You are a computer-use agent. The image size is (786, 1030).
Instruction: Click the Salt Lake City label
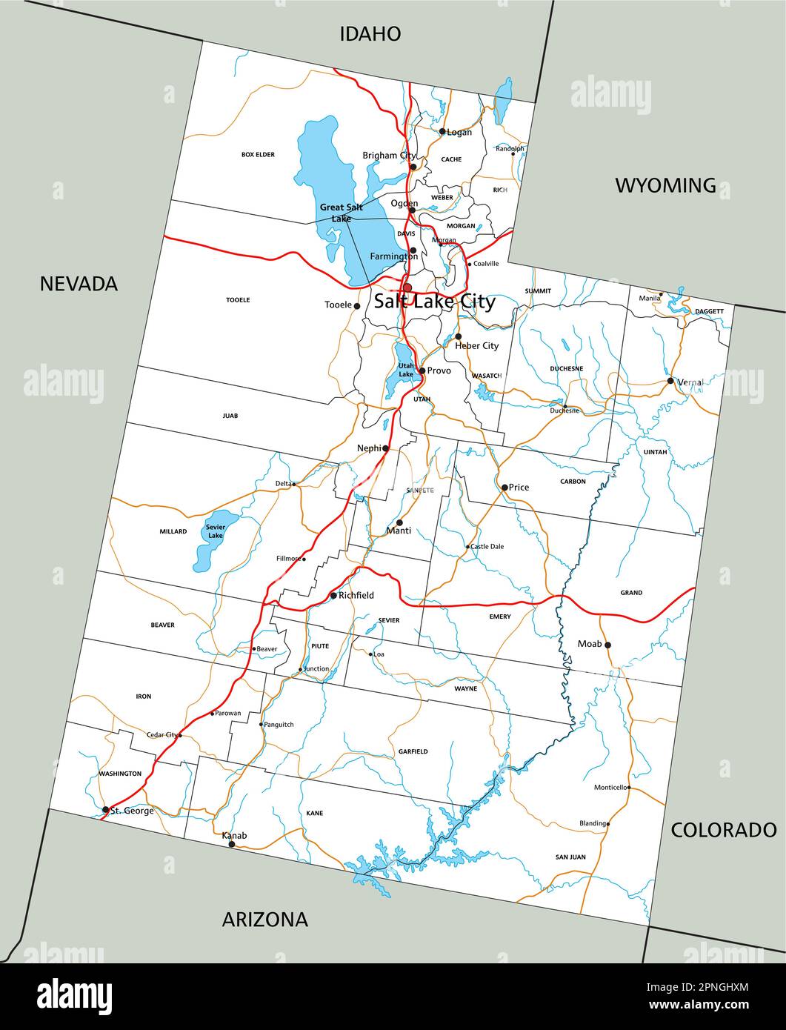[434, 302]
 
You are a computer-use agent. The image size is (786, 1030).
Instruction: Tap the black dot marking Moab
[607, 645]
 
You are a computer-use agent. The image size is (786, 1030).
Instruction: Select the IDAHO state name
[370, 33]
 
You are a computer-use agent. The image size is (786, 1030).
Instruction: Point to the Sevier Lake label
[215, 531]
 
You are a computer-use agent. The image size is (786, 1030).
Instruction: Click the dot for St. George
[106, 810]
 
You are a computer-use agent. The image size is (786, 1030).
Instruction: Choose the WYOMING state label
[665, 185]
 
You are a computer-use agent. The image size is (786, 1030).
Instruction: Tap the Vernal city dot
[670, 381]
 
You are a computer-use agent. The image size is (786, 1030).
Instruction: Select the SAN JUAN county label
[570, 857]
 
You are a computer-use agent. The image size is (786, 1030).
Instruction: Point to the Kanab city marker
[232, 844]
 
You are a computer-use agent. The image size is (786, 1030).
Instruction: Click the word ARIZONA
[264, 920]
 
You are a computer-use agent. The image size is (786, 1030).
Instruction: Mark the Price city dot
[504, 488]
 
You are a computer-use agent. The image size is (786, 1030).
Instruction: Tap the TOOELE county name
[238, 300]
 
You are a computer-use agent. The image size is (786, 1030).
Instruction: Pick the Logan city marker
[442, 132]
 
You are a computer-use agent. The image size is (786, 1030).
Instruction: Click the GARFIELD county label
[413, 751]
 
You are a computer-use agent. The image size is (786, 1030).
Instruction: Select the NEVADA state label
[79, 283]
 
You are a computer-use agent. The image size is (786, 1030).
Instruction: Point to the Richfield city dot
[333, 596]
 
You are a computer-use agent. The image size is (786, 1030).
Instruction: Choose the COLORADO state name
[723, 830]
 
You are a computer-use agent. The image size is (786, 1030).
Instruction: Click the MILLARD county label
[173, 531]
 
